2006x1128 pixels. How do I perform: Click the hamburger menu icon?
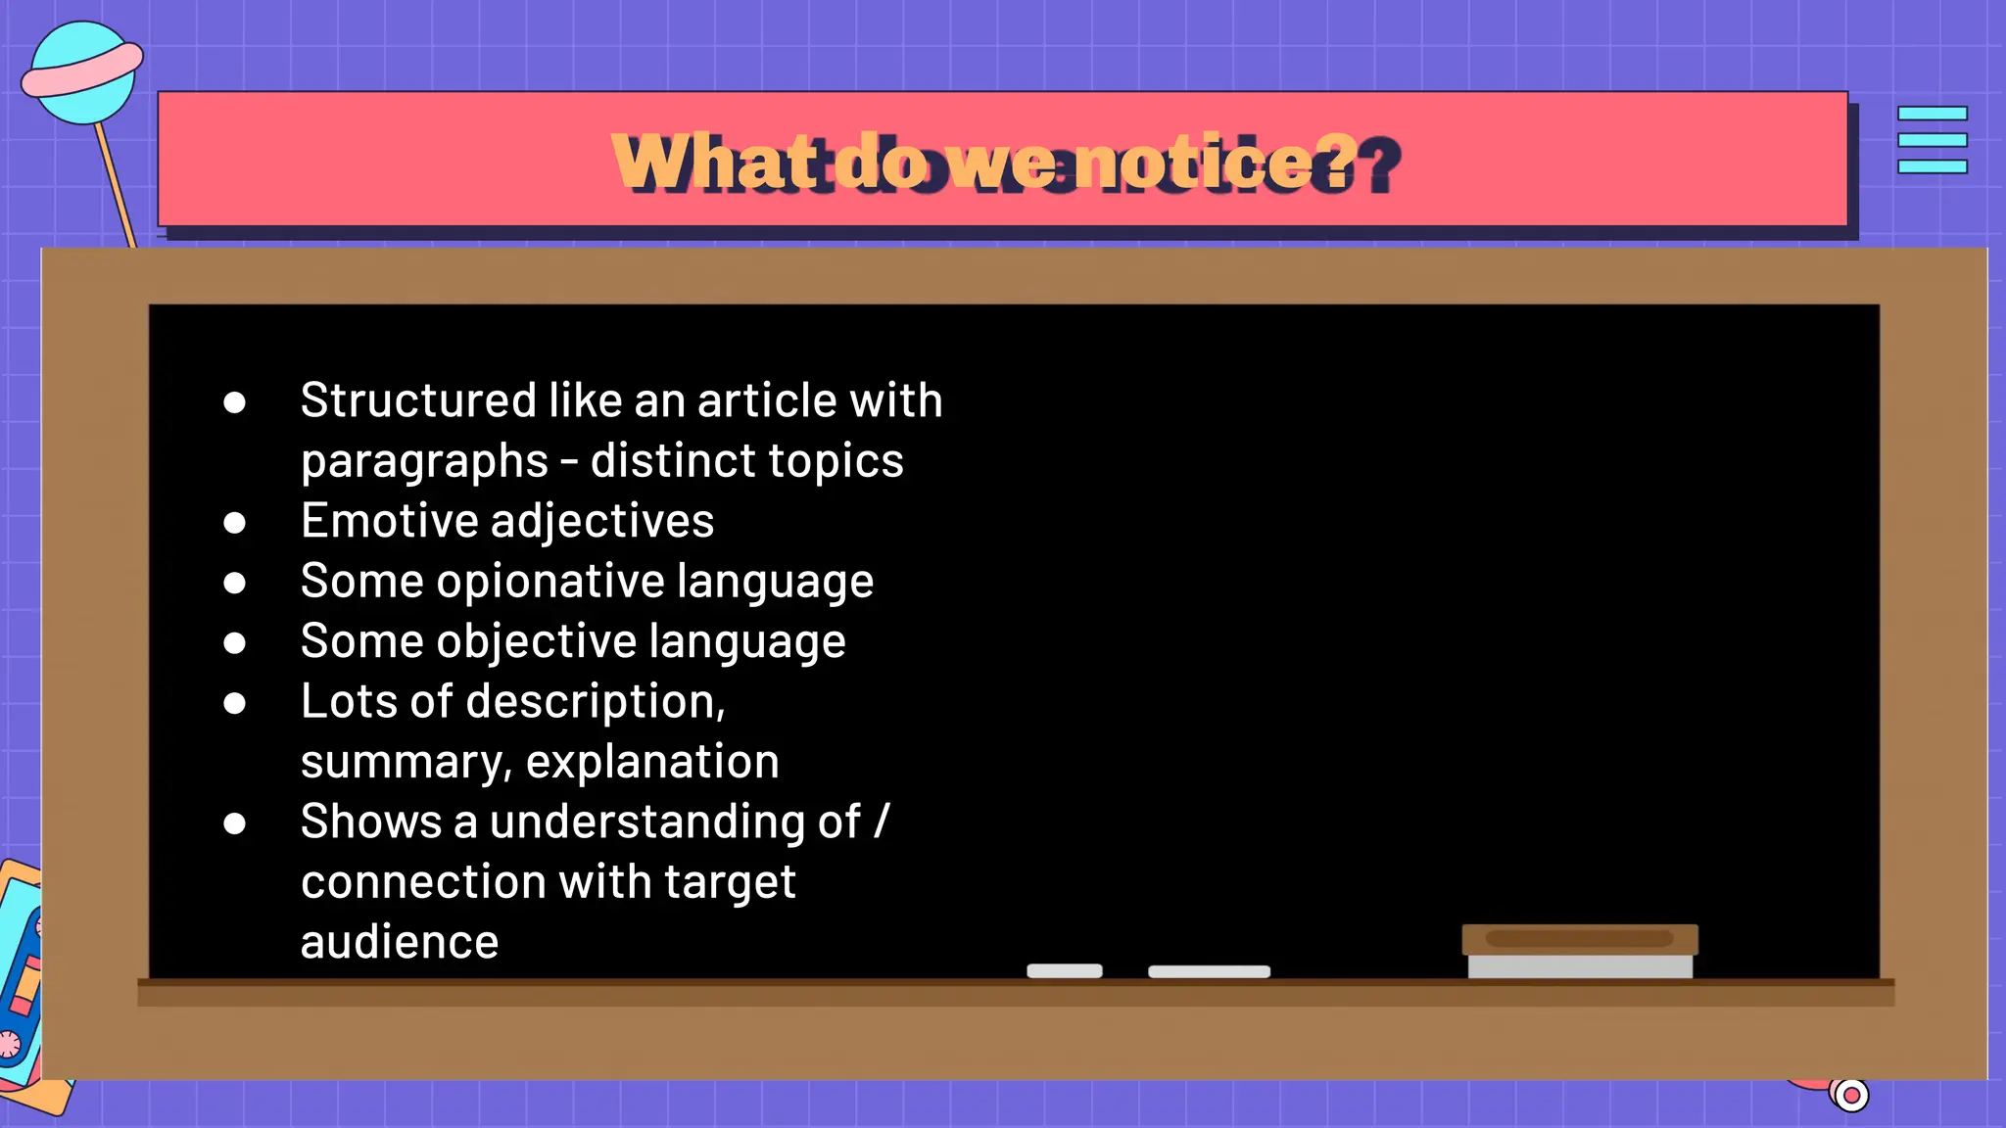click(1932, 140)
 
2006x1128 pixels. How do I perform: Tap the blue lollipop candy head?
click(80, 74)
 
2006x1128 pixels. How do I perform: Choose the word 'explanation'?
click(652, 762)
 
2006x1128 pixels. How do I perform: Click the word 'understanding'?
click(675, 822)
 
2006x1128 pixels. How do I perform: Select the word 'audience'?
click(400, 942)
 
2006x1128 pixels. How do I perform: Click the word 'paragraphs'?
click(424, 461)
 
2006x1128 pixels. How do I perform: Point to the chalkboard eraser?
click(1579, 951)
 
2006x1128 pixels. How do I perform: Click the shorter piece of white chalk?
click(1065, 970)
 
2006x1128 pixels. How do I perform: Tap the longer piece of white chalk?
click(1209, 971)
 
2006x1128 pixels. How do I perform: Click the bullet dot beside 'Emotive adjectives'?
click(234, 523)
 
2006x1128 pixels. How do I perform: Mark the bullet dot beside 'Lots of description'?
click(234, 703)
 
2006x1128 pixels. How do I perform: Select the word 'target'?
click(730, 882)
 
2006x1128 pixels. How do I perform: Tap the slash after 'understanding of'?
click(882, 822)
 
